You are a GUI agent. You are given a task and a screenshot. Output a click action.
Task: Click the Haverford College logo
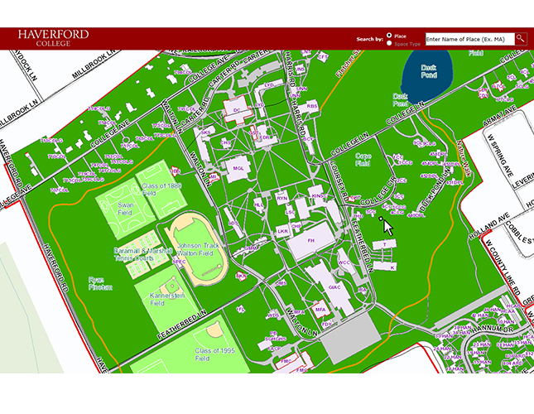(x=53, y=37)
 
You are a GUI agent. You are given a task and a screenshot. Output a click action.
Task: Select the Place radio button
(x=390, y=36)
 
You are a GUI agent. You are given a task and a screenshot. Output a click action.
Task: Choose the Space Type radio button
(x=390, y=43)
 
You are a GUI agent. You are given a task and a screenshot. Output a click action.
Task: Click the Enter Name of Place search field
(x=469, y=38)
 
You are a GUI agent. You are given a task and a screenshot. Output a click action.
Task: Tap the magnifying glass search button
(x=521, y=38)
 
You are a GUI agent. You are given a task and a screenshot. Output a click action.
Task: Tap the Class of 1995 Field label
(x=214, y=355)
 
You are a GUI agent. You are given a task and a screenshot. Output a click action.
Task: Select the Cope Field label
(x=363, y=159)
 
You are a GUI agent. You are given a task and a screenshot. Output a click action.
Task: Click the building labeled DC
(x=237, y=109)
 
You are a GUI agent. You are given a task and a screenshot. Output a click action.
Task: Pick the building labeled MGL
(x=238, y=168)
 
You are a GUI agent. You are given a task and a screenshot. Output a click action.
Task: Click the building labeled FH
(x=311, y=240)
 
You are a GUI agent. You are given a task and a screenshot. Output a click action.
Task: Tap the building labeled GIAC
(x=334, y=287)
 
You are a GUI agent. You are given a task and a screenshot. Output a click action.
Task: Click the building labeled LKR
(x=283, y=232)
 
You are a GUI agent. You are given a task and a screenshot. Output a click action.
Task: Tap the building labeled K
(x=392, y=267)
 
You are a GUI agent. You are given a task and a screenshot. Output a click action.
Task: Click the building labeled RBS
(x=312, y=106)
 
